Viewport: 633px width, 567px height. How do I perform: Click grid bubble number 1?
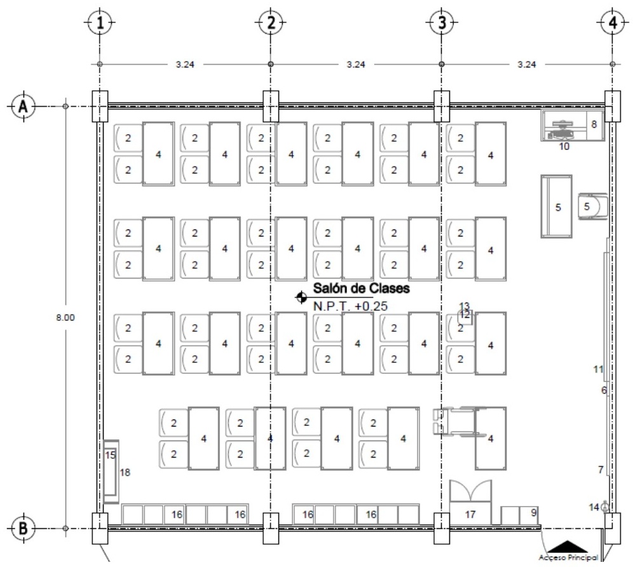point(100,23)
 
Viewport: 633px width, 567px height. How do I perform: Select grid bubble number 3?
point(442,23)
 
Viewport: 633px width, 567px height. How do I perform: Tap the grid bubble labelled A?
point(24,107)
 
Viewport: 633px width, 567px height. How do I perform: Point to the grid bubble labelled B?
point(24,528)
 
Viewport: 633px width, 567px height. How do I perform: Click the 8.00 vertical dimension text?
point(65,317)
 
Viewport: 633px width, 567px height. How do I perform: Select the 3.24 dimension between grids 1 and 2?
point(185,64)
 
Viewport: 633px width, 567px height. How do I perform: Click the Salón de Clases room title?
point(362,289)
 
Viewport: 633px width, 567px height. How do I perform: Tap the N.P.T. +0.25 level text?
point(350,306)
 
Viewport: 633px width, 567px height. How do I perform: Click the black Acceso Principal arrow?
point(568,547)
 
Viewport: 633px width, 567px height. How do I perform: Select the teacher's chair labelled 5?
point(592,207)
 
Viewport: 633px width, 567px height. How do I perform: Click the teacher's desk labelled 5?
point(557,207)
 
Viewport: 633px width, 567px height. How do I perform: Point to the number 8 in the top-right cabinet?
point(594,125)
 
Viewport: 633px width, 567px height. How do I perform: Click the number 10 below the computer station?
point(564,146)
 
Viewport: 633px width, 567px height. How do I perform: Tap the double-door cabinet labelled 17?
point(471,502)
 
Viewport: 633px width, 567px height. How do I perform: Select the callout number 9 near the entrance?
point(534,512)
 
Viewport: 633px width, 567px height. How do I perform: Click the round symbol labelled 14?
point(605,507)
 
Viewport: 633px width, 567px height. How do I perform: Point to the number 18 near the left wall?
point(125,472)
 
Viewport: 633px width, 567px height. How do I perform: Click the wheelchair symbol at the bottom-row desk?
point(458,422)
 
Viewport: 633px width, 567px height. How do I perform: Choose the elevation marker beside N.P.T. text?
point(301,297)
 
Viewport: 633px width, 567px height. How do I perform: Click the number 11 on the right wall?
point(598,369)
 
